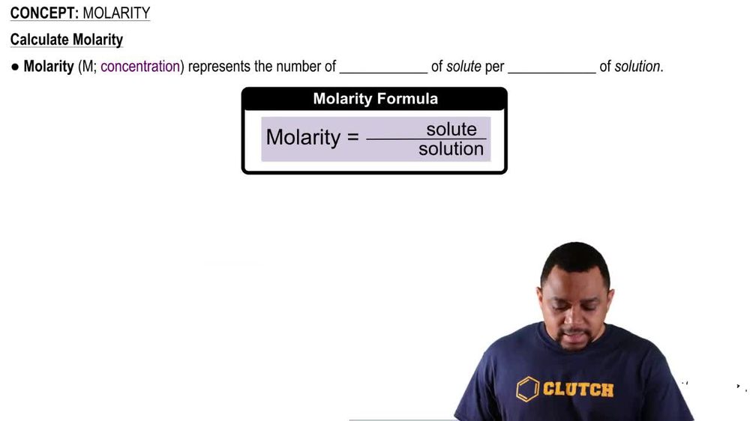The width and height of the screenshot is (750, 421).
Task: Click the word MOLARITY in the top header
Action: pyautogui.click(x=116, y=13)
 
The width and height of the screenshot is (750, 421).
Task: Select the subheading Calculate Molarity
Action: pyautogui.click(x=67, y=40)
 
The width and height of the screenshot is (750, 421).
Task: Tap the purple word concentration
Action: pyautogui.click(x=140, y=67)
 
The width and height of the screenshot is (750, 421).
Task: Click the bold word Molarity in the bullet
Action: pyautogui.click(x=49, y=67)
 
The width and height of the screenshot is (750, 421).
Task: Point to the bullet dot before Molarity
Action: pyautogui.click(x=15, y=67)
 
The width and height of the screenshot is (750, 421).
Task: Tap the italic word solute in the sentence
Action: pyautogui.click(x=463, y=67)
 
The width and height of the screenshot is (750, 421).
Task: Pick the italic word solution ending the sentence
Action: pyautogui.click(x=637, y=67)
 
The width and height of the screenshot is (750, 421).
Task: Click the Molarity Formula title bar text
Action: pyautogui.click(x=375, y=99)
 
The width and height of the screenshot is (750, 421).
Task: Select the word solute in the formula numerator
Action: pyautogui.click(x=451, y=130)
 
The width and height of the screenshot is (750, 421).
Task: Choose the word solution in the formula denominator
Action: pyautogui.click(x=451, y=149)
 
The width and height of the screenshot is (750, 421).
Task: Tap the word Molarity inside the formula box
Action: pyautogui.click(x=303, y=138)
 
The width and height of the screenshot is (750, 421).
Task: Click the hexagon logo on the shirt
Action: pyautogui.click(x=528, y=389)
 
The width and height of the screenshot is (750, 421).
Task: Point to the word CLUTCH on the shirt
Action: pyautogui.click(x=578, y=390)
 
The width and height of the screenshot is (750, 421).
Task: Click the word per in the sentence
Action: pyautogui.click(x=494, y=67)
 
